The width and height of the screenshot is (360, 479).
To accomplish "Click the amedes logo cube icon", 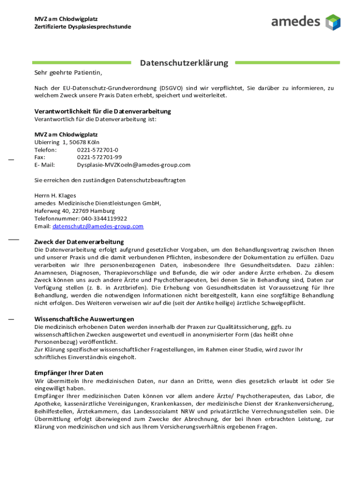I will [333, 22].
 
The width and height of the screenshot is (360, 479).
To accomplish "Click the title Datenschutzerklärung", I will [184, 63].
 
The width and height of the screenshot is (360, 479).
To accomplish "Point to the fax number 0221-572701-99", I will [99, 157].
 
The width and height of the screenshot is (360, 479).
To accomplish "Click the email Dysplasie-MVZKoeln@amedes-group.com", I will [134, 165].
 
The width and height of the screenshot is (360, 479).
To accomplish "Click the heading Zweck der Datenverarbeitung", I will [79, 242].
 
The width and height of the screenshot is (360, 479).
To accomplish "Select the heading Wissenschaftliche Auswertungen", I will [84, 319].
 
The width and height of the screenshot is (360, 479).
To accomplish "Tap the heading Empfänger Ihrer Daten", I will [69, 373].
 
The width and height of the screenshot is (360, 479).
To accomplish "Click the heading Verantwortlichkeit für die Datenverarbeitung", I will [103, 111].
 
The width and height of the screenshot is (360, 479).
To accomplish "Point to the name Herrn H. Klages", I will [55, 196].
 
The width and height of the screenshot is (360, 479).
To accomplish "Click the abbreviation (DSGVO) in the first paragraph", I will [171, 88].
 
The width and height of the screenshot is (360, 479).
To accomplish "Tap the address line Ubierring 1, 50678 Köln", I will [67, 142].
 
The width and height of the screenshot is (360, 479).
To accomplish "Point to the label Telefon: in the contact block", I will [46, 150].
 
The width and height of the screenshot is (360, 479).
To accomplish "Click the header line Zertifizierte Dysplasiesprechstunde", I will [83, 27].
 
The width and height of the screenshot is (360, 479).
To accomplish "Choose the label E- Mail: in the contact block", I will [45, 165].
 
